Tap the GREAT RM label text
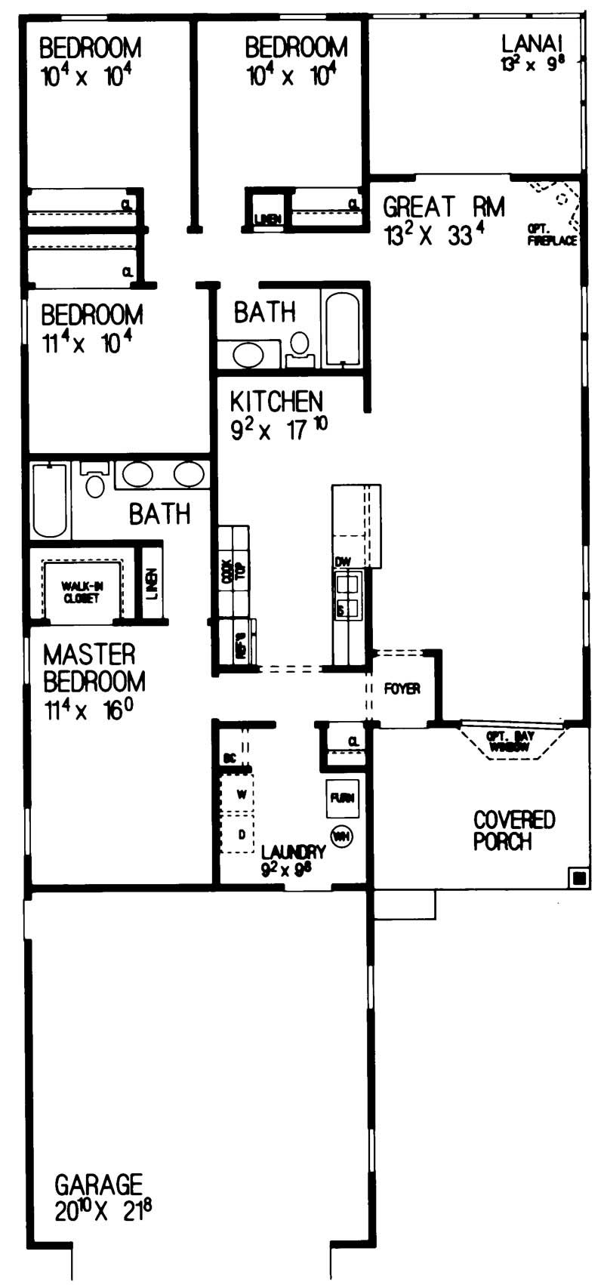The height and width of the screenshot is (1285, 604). pos(443,206)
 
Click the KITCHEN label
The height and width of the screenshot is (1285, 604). pos(276,401)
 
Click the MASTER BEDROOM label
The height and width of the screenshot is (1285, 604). pos(94,667)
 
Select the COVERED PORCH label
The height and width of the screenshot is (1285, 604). pos(513,830)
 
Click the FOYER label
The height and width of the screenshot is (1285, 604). pos(402,689)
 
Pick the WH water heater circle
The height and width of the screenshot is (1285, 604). pos(342,836)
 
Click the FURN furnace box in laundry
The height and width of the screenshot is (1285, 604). pos(342,799)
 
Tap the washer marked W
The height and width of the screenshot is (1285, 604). pos(242,794)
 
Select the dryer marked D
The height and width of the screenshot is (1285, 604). pos(242,834)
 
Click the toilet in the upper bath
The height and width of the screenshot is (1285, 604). pos(300,346)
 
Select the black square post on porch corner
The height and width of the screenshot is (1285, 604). pos(579,877)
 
